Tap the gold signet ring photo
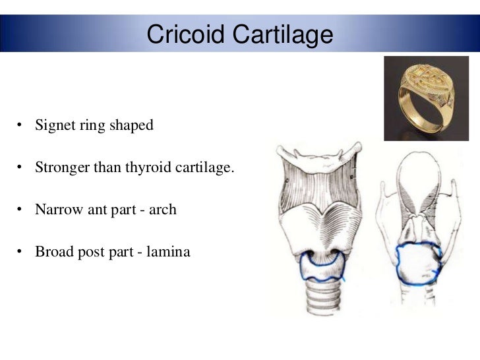pos(417,99)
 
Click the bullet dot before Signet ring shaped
pos(21,125)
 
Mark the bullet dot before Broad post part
pos(21,253)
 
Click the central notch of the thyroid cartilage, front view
pos(322,209)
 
